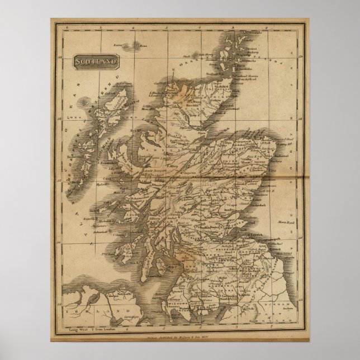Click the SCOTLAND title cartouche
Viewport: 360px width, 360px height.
pos(94,60)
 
